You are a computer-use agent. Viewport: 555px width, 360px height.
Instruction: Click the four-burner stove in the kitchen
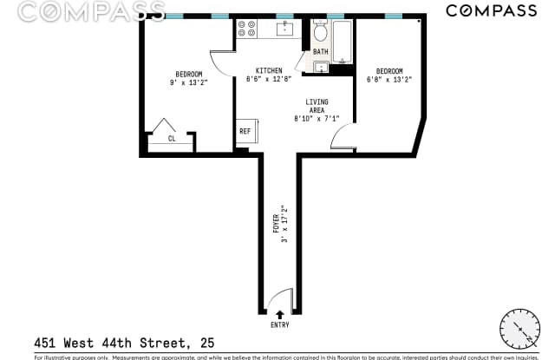246,29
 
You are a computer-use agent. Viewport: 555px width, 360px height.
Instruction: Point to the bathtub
341,41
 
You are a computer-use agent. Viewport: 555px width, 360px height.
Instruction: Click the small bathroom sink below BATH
321,67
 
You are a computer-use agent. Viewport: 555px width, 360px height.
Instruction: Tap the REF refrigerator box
245,132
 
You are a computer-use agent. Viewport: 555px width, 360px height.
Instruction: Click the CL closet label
172,137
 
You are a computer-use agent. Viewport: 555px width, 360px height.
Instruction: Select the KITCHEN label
268,70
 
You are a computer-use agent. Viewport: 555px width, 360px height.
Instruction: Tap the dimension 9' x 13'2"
188,83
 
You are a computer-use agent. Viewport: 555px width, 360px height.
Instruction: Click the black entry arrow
279,314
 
